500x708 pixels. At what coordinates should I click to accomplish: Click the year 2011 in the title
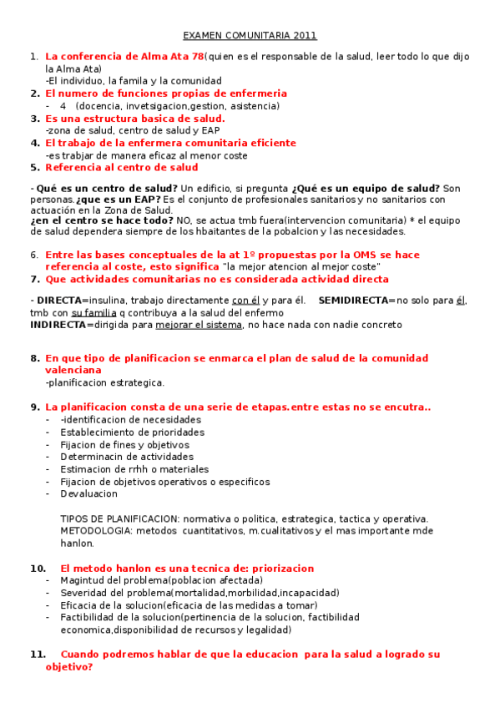point(305,36)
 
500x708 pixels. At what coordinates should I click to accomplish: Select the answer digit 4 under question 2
point(63,106)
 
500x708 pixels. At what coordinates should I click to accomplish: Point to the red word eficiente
point(262,143)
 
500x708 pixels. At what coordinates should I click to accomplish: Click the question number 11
point(37,655)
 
